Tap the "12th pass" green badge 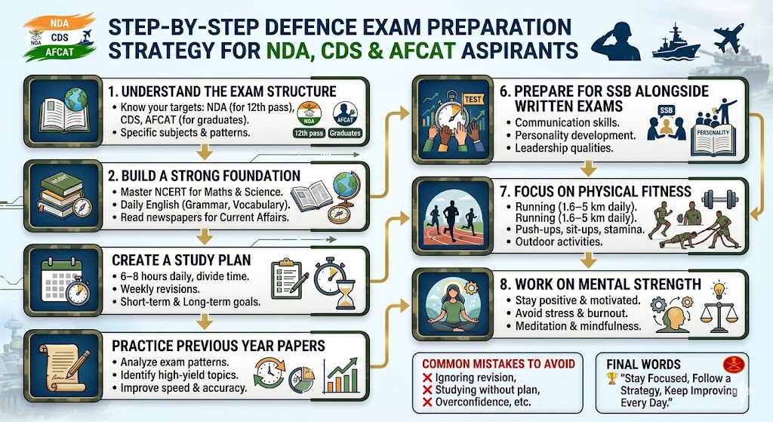[310, 134]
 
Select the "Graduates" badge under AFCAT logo [344, 134]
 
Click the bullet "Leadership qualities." [559, 149]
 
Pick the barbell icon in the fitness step [719, 199]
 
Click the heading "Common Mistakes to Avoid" [498, 364]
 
